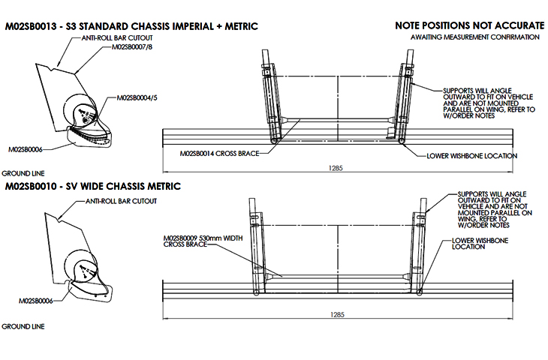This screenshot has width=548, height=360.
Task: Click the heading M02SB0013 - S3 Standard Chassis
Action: click(131, 26)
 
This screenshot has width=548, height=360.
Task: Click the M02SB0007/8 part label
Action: click(133, 46)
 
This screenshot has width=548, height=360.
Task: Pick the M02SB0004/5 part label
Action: click(137, 97)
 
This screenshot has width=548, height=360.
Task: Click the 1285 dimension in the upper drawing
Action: click(336, 168)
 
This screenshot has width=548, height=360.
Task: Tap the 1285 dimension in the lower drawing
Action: click(336, 316)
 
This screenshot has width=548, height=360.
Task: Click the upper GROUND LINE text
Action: click(23, 173)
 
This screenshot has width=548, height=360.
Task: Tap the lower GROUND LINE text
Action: click(23, 327)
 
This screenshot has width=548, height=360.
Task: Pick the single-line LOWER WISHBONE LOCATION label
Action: click(471, 156)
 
